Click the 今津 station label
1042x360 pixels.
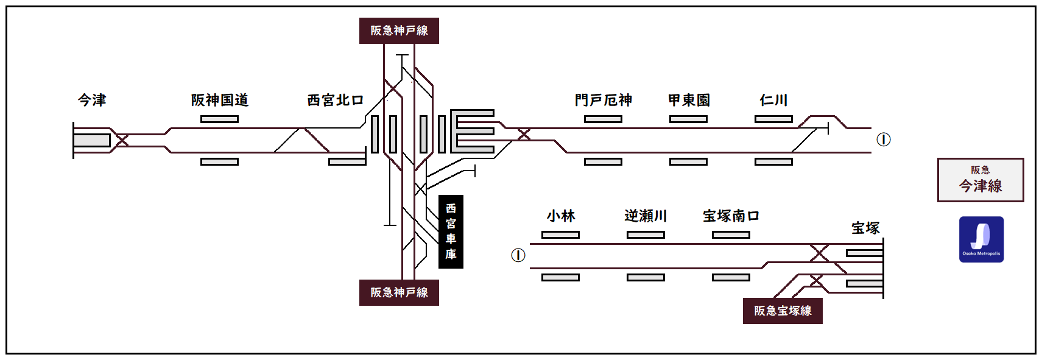pos(92,100)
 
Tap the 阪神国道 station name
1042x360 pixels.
pos(220,100)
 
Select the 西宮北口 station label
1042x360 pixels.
pos(335,100)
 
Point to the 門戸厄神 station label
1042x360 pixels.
pos(604,100)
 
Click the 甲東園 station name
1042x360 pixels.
pos(689,100)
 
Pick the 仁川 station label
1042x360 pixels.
pos(773,100)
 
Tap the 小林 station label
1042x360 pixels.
pos(561,216)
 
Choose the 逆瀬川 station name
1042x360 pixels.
pos(646,216)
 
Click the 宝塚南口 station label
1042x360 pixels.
pos(731,216)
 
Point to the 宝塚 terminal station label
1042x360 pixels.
pos(865,228)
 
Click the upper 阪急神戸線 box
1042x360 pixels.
pos(399,30)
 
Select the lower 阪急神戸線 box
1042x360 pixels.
pos(399,292)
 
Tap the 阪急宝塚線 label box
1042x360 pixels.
pos(783,311)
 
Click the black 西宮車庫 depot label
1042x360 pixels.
pos(451,231)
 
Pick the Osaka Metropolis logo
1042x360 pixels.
pos(981,239)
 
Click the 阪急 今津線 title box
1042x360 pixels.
pos(980,180)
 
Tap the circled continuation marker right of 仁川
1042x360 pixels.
pos(884,139)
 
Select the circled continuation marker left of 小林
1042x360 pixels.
pos(518,255)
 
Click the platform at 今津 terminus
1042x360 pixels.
pos(91,140)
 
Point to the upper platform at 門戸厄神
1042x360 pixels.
pos(603,119)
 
